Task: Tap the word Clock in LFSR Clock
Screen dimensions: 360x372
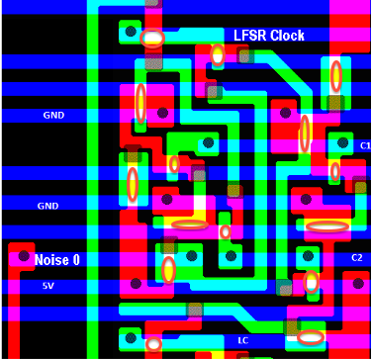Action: pyautogui.click(x=284, y=36)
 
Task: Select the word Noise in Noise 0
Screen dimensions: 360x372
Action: pyautogui.click(x=52, y=260)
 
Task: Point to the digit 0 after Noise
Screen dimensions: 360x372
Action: pyautogui.click(x=76, y=260)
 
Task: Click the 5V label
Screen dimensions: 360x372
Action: pyautogui.click(x=47, y=286)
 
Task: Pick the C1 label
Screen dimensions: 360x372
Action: pyautogui.click(x=364, y=145)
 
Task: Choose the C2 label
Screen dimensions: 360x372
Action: pyautogui.click(x=357, y=258)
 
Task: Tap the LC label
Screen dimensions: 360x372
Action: pyautogui.click(x=242, y=340)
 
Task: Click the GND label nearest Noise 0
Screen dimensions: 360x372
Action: pyautogui.click(x=47, y=206)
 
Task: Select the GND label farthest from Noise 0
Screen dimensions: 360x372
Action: pyautogui.click(x=52, y=115)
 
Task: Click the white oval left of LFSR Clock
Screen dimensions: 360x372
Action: pyautogui.click(x=152, y=39)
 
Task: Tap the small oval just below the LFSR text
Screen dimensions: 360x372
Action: pyautogui.click(x=217, y=55)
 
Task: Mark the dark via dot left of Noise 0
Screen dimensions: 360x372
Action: pyautogui.click(x=22, y=257)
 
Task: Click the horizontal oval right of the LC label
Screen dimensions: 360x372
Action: pyautogui.click(x=311, y=337)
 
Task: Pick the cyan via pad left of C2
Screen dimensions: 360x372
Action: pyautogui.click(x=308, y=257)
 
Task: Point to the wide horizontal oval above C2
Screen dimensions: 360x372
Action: pyautogui.click(x=327, y=225)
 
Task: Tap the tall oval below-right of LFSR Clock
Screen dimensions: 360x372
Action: pyautogui.click(x=336, y=76)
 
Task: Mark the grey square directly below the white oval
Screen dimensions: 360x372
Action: pyautogui.click(x=153, y=62)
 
